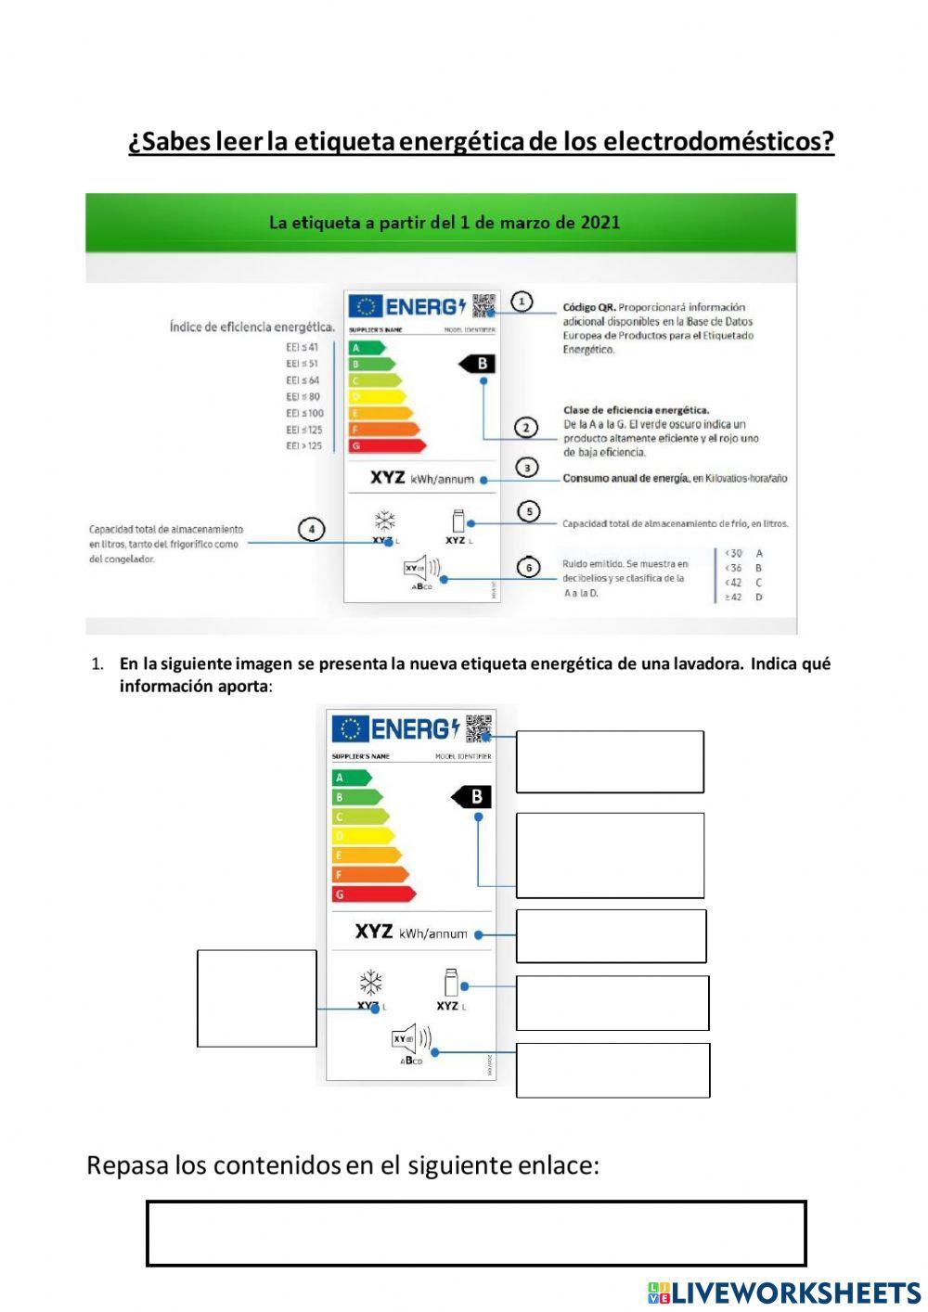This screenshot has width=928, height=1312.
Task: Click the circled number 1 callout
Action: point(522,302)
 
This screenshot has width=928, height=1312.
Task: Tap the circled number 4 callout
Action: point(312,530)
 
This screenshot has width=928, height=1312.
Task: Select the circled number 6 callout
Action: point(528,567)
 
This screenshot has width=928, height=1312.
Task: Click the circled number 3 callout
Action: point(526,468)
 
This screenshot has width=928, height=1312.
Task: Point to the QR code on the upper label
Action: point(483,305)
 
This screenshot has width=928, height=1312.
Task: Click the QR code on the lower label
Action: point(478,727)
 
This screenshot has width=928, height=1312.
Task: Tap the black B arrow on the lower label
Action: point(472,796)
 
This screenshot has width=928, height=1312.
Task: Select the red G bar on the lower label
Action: point(372,894)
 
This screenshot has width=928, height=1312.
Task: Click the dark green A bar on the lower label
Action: point(351,778)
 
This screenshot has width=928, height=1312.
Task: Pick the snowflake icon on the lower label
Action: point(371,983)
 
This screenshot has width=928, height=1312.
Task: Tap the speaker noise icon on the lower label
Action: point(410,1039)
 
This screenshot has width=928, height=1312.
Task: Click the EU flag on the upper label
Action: point(365,306)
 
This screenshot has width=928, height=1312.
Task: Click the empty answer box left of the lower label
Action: point(257,998)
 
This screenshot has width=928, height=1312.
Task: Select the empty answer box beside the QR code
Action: point(610,762)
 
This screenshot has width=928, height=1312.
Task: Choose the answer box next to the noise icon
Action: point(612,1070)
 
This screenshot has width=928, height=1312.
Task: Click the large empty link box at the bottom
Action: point(476,1233)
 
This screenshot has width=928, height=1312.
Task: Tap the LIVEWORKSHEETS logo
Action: point(784,1293)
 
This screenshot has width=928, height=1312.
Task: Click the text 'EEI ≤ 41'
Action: point(303,347)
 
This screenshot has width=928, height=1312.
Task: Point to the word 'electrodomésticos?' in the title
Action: point(718,142)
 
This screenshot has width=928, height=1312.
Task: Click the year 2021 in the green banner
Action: point(600,223)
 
